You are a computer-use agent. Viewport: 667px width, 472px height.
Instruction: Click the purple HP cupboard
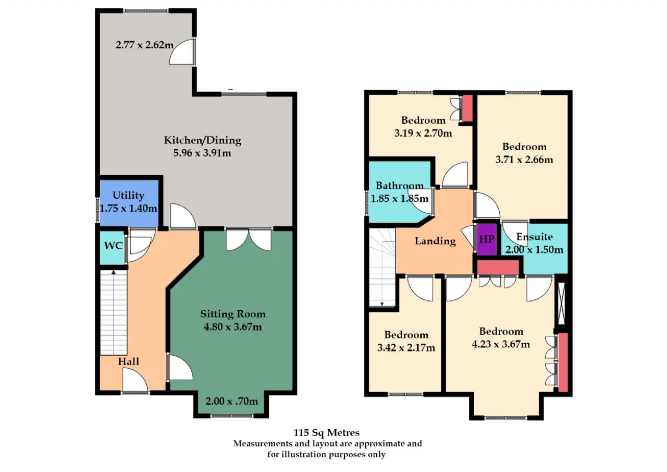pyautogui.click(x=487, y=239)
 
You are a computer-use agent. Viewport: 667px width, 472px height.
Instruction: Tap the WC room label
pyautogui.click(x=113, y=246)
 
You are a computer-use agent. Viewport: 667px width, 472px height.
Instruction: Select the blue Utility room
pyautogui.click(x=129, y=203)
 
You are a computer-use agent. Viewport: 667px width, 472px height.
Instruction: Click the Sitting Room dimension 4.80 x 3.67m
pyautogui.click(x=233, y=327)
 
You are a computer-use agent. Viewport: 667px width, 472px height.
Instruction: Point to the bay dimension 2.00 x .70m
pyautogui.click(x=232, y=401)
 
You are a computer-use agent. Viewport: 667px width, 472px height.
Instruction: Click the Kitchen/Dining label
pyautogui.click(x=203, y=140)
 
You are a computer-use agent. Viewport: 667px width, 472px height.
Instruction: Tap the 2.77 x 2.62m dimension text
pyautogui.click(x=144, y=45)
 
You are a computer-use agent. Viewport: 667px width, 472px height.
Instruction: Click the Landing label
pyautogui.click(x=435, y=241)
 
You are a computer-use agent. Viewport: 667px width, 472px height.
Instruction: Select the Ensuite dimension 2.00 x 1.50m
pyautogui.click(x=534, y=250)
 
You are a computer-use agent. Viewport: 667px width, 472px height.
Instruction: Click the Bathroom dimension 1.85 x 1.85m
pyautogui.click(x=400, y=199)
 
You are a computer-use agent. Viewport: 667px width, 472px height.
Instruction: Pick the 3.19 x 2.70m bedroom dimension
pyautogui.click(x=423, y=133)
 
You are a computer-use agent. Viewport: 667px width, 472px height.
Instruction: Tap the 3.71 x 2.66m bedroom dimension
pyautogui.click(x=524, y=160)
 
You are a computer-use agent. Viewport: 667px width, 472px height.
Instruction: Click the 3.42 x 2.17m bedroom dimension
pyautogui.click(x=406, y=347)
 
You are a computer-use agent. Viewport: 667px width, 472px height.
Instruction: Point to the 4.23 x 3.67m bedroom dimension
pyautogui.click(x=501, y=344)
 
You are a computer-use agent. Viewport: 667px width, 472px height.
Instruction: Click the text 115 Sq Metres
pyautogui.click(x=327, y=432)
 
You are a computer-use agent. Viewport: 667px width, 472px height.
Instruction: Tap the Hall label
pyautogui.click(x=128, y=361)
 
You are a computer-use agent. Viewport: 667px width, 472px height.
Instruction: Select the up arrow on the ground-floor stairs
pyautogui.click(x=113, y=272)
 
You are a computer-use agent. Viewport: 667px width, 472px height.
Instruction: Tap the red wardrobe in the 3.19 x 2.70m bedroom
pyautogui.click(x=467, y=108)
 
